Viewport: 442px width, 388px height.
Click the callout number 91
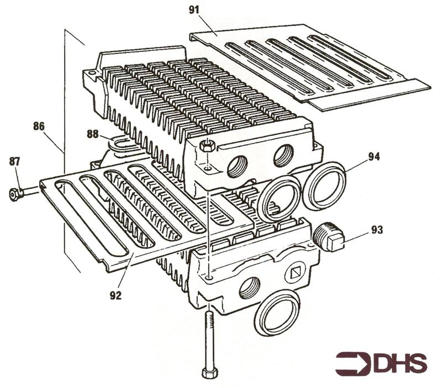click(x=194, y=10)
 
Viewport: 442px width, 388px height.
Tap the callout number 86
click(x=39, y=126)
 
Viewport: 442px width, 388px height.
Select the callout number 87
click(x=15, y=162)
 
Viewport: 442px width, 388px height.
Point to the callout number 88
click(x=92, y=134)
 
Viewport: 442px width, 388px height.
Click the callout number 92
click(x=115, y=295)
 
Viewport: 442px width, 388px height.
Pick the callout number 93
click(x=377, y=230)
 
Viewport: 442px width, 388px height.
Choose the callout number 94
click(x=374, y=157)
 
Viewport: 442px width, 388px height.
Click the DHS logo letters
click(x=400, y=364)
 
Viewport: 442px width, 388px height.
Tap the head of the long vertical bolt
click(x=210, y=373)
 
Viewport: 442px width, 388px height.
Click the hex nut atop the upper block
click(x=207, y=146)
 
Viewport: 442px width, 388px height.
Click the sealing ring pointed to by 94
click(x=324, y=186)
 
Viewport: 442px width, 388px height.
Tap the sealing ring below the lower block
click(x=277, y=313)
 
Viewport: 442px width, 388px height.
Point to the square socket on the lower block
click(x=296, y=272)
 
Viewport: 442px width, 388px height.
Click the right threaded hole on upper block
click(x=283, y=156)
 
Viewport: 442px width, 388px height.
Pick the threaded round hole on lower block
click(x=250, y=287)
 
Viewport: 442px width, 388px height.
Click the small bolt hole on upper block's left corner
click(x=91, y=73)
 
